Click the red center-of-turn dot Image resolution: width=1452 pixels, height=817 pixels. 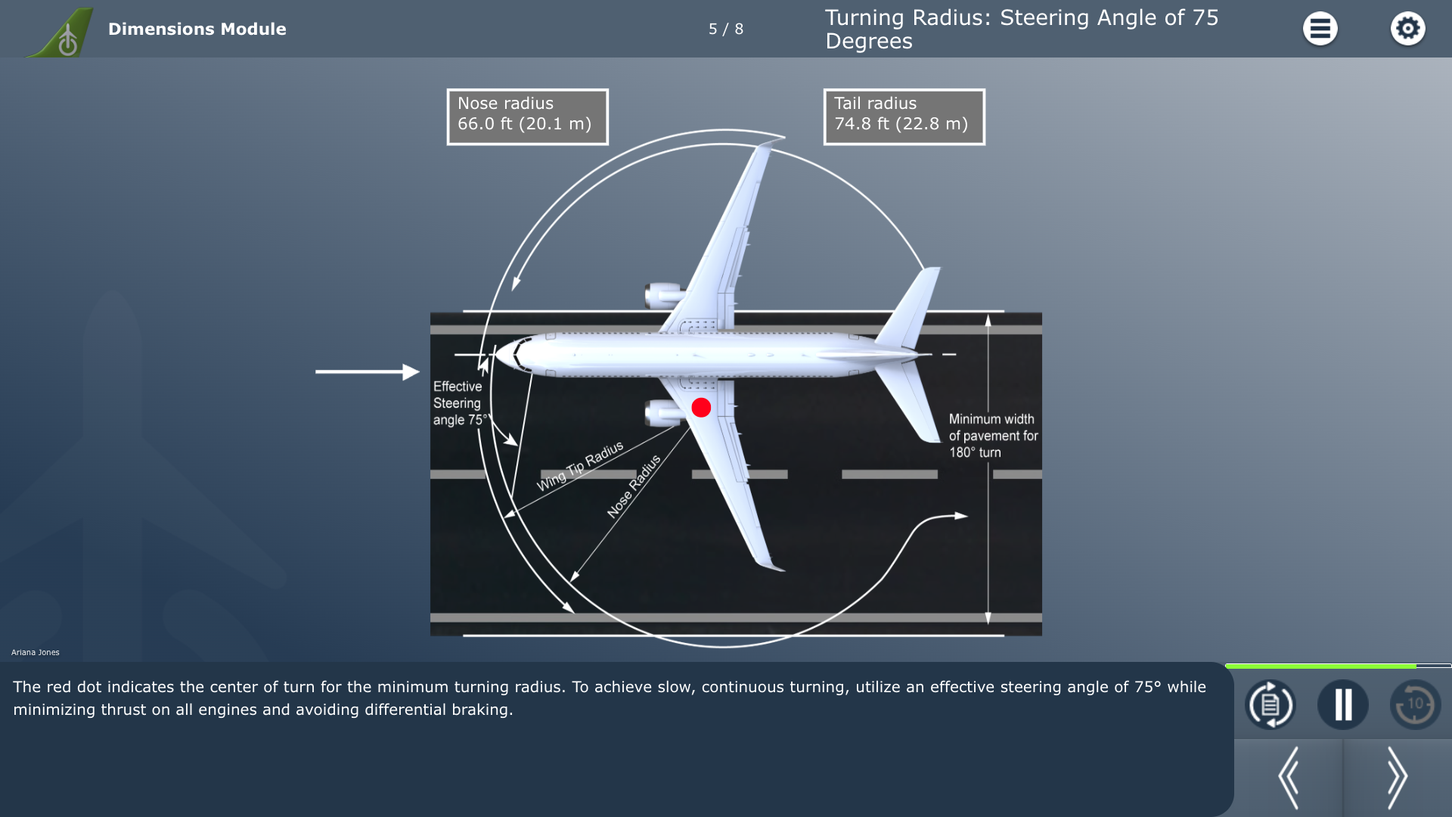(x=701, y=408)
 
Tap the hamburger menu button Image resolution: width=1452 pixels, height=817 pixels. (x=1320, y=29)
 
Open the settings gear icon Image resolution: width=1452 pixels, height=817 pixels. (x=1407, y=29)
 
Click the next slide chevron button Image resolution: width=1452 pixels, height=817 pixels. (x=1397, y=778)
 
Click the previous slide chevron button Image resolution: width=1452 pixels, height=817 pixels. (x=1289, y=778)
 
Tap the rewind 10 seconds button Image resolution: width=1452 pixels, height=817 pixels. (x=1415, y=704)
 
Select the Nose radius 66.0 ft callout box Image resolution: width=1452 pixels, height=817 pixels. (x=527, y=117)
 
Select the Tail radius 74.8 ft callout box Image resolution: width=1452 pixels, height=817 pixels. (x=904, y=117)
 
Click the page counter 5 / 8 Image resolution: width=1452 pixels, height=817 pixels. (x=726, y=29)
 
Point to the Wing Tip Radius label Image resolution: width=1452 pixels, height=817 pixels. (x=580, y=466)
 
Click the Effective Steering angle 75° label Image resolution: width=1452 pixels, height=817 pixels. (x=459, y=403)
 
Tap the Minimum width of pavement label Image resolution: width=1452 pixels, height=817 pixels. (x=993, y=436)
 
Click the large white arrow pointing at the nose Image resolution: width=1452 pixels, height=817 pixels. (x=368, y=371)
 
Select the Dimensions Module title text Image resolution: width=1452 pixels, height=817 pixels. (x=197, y=29)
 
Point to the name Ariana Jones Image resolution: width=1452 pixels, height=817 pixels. (x=36, y=652)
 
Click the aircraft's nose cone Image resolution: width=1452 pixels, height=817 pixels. (x=510, y=354)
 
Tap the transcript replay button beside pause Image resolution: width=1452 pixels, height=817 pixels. (x=1270, y=704)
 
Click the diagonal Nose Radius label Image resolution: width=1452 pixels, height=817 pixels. (x=634, y=486)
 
